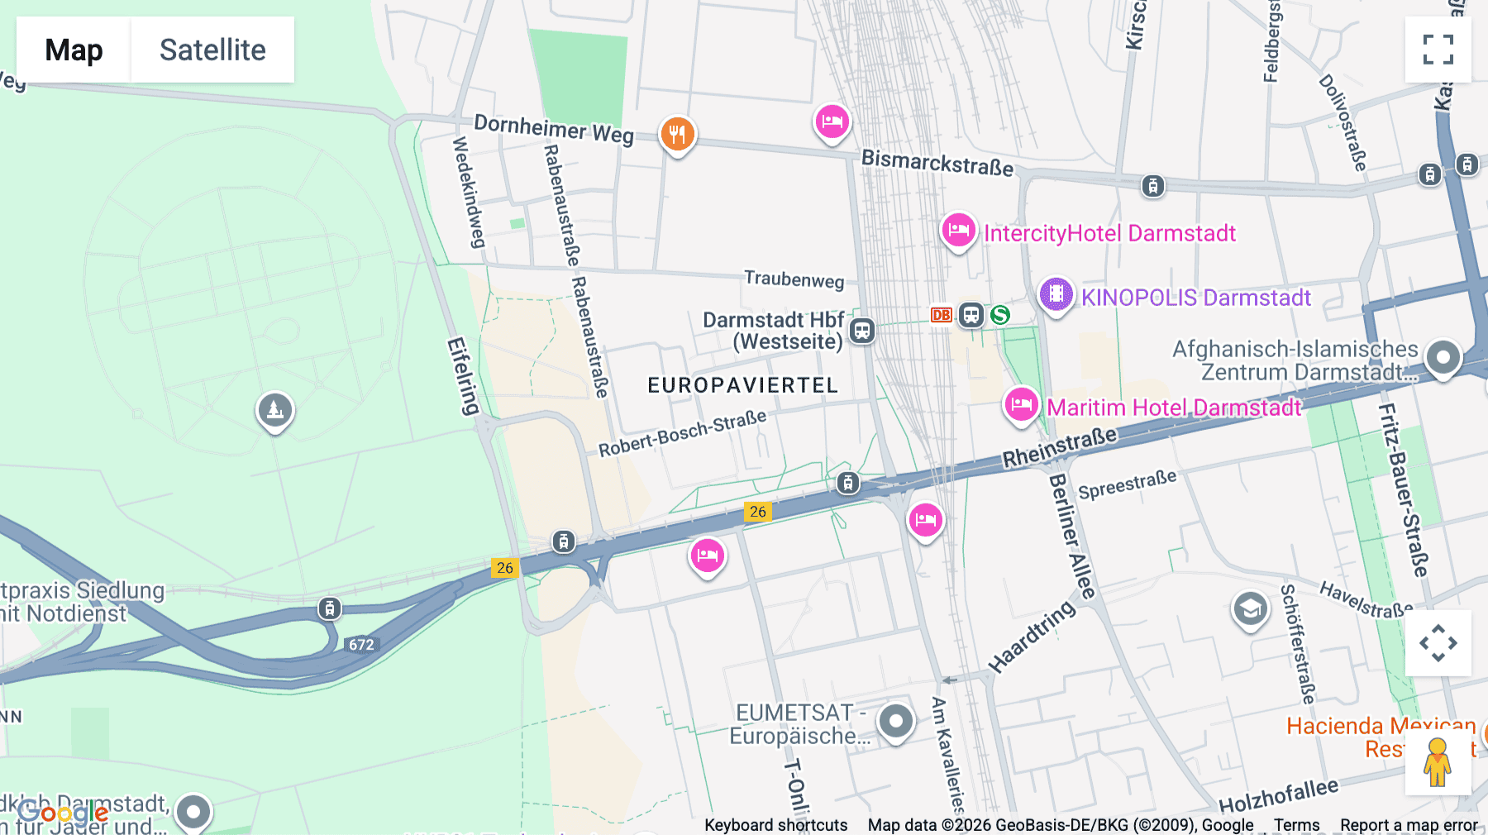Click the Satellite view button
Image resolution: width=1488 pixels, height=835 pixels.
[x=212, y=50]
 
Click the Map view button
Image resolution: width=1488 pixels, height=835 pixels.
[x=74, y=50]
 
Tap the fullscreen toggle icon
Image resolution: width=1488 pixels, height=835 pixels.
[x=1438, y=50]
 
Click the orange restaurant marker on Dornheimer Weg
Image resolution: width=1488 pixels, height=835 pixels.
[x=677, y=134]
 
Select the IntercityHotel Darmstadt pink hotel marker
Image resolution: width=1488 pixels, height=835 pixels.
[x=959, y=231]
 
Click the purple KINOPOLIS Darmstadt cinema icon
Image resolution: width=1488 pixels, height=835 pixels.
[x=1056, y=294]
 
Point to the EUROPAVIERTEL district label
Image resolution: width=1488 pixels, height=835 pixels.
[x=742, y=385]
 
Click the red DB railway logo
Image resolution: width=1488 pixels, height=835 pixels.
[x=941, y=315]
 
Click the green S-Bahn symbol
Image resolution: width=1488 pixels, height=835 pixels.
[x=1000, y=315]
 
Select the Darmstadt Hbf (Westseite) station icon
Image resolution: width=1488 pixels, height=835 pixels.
[x=862, y=331]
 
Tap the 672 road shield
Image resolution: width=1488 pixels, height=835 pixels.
[x=361, y=645]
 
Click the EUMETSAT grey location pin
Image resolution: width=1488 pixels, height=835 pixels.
[x=895, y=722]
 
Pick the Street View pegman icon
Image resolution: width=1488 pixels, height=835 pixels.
[x=1438, y=762]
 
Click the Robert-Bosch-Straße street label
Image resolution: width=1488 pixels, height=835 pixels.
[x=682, y=433]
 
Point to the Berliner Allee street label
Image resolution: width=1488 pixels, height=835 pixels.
[x=1071, y=536]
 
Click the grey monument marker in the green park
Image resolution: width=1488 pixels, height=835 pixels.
[x=275, y=410]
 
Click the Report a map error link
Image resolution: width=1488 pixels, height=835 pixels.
[x=1409, y=825]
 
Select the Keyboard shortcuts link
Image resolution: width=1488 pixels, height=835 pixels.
[x=775, y=825]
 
